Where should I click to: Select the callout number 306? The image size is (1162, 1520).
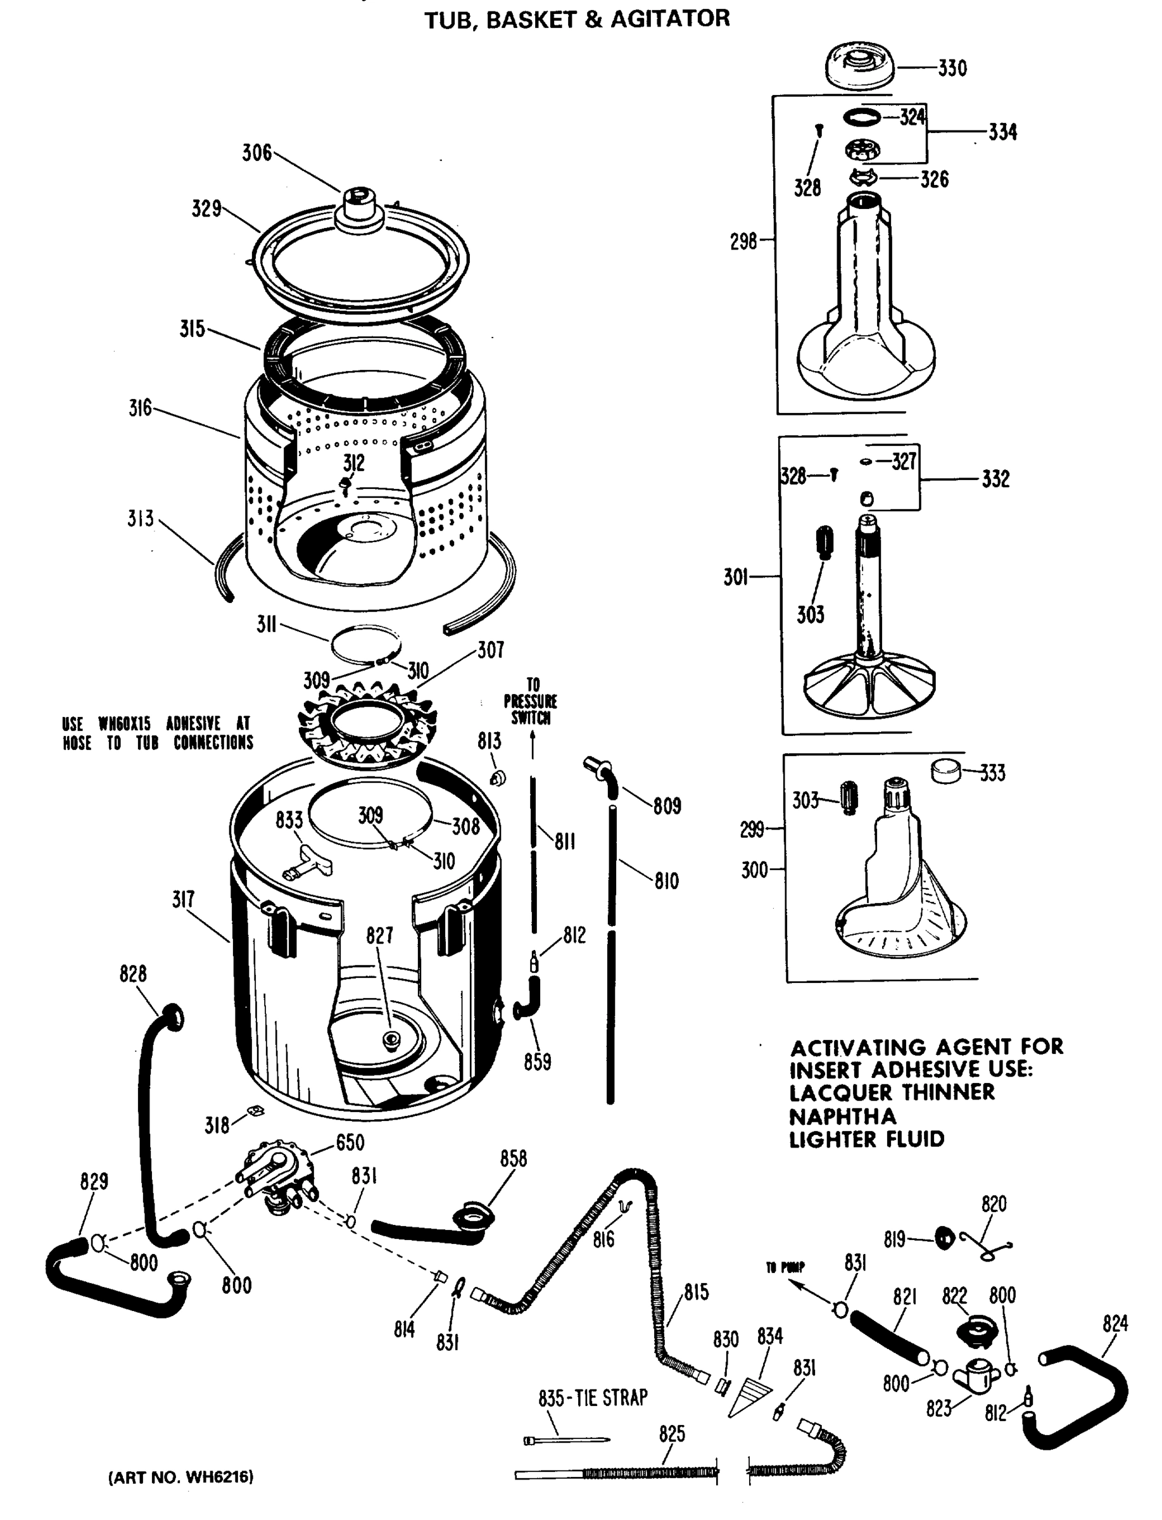pyautogui.click(x=256, y=153)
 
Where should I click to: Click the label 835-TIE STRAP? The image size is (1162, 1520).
pyautogui.click(x=593, y=1398)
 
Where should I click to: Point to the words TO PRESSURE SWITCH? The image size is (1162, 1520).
pyautogui.click(x=531, y=702)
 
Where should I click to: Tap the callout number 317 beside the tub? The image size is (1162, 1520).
pyautogui.click(x=183, y=899)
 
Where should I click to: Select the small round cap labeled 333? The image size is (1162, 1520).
pyautogui.click(x=945, y=771)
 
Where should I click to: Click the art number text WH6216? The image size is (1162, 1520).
pyautogui.click(x=180, y=1477)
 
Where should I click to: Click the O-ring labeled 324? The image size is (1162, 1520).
pyautogui.click(x=862, y=118)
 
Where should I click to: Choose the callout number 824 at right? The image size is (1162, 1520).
pyautogui.click(x=1115, y=1324)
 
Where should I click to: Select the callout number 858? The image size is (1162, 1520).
pyautogui.click(x=513, y=1159)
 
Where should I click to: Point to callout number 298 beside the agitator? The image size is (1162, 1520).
pyautogui.click(x=743, y=241)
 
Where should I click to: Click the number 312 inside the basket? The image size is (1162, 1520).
pyautogui.click(x=353, y=463)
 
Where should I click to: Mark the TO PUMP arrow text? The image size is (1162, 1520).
pyautogui.click(x=785, y=1268)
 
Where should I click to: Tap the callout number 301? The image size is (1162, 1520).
pyautogui.click(x=736, y=577)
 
